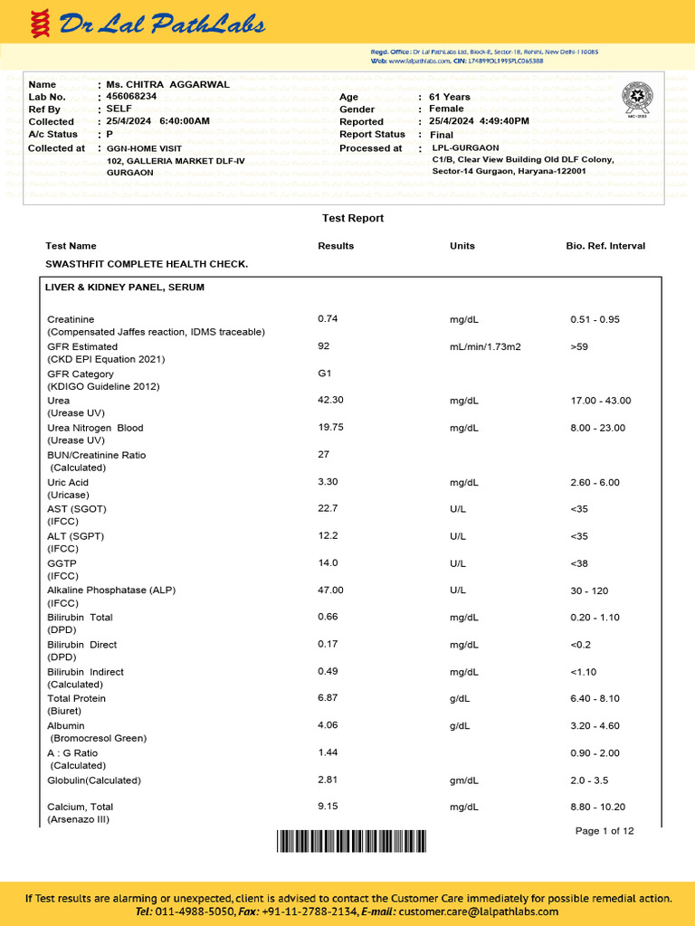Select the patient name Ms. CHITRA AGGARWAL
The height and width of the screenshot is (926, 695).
tap(167, 85)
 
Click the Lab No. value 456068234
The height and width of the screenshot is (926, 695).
tap(131, 96)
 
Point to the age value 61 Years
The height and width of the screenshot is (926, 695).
tap(450, 97)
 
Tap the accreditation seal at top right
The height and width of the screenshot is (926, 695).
tap(636, 98)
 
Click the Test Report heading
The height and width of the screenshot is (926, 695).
tap(353, 219)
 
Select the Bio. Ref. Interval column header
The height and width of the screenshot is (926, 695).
tap(605, 246)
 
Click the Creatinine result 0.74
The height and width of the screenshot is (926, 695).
tap(328, 319)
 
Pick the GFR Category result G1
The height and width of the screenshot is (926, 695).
tap(325, 373)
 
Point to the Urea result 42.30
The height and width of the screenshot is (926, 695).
tap(330, 400)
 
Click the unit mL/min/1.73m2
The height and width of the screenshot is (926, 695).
tap(485, 347)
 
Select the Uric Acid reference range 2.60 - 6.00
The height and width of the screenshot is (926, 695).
tap(595, 483)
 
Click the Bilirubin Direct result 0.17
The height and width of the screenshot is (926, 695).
tap(328, 644)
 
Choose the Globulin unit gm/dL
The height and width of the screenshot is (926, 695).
tap(465, 780)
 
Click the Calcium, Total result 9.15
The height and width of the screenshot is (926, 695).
tap(328, 807)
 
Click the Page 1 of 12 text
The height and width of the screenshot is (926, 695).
tap(605, 831)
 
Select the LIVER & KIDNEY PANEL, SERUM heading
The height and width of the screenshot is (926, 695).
tap(125, 288)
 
